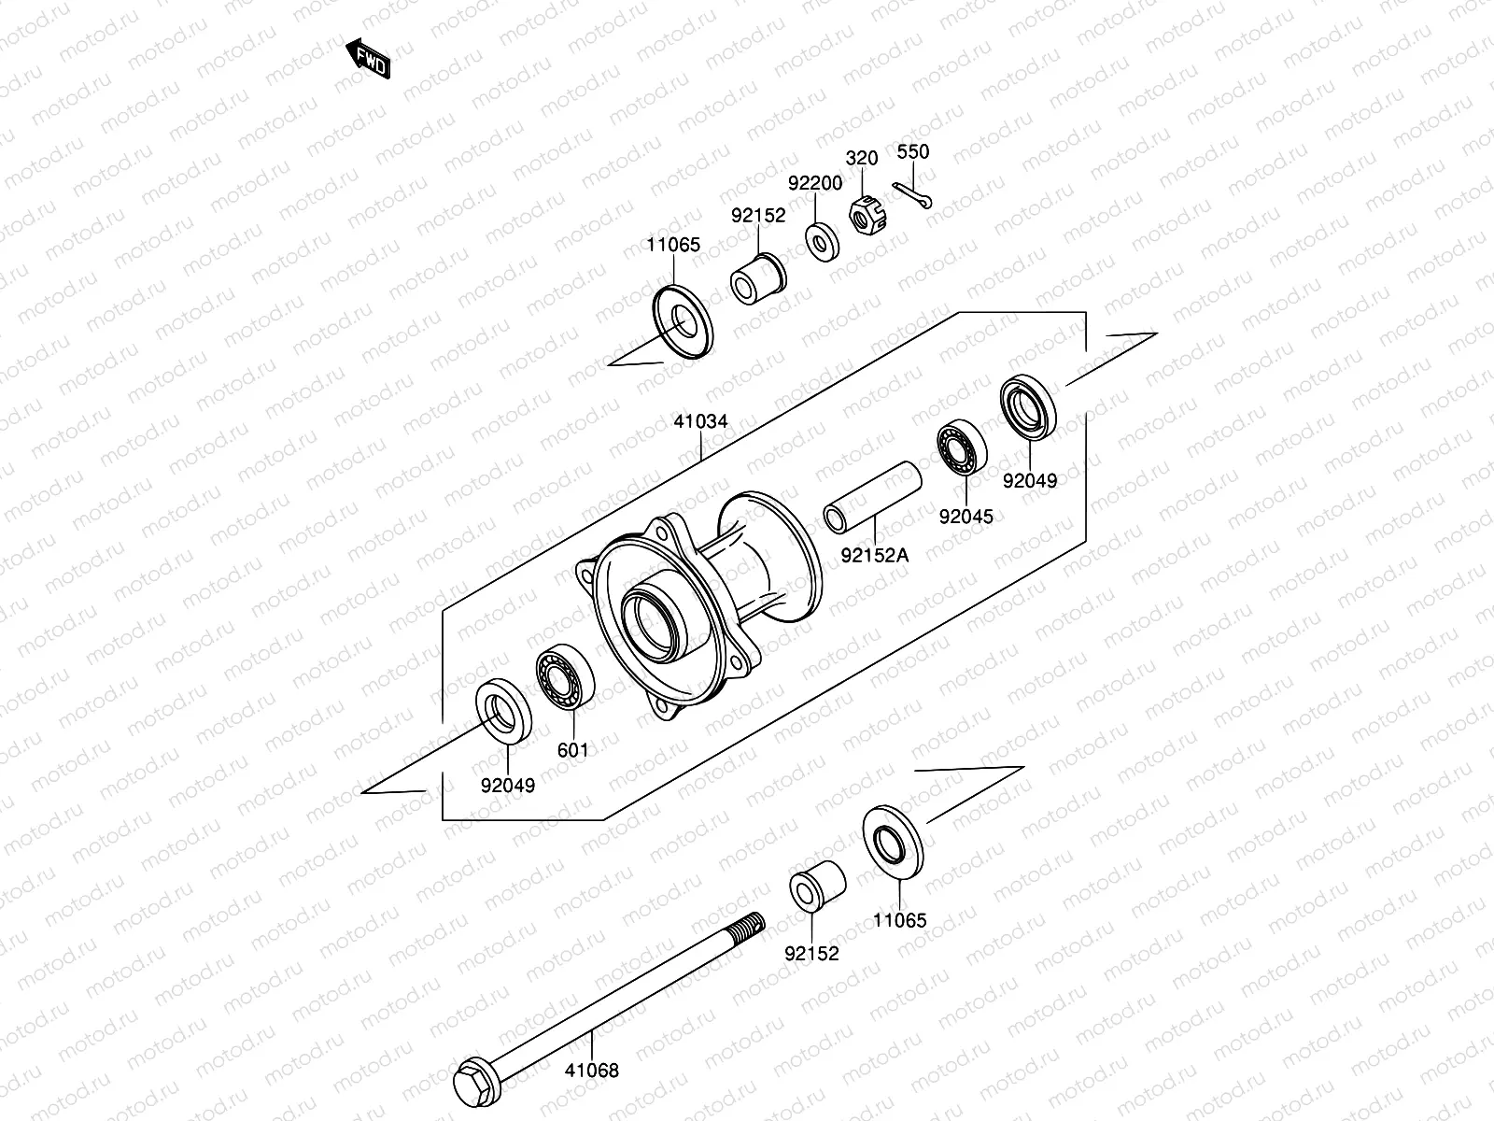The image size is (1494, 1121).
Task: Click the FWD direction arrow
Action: [x=368, y=58]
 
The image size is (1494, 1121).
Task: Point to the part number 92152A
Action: [x=874, y=555]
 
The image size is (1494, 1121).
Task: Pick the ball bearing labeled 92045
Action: [x=963, y=448]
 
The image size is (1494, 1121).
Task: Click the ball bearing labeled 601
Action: [x=564, y=674]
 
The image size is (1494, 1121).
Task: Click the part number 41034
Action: [x=700, y=421]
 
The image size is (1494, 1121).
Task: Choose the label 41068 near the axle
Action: [x=591, y=1071]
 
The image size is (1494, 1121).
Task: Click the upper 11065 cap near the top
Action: [x=683, y=323]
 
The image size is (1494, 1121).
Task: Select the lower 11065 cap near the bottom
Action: [x=892, y=842]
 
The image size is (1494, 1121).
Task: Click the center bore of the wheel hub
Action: [x=655, y=620]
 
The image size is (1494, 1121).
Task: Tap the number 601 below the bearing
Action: [x=572, y=750]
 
